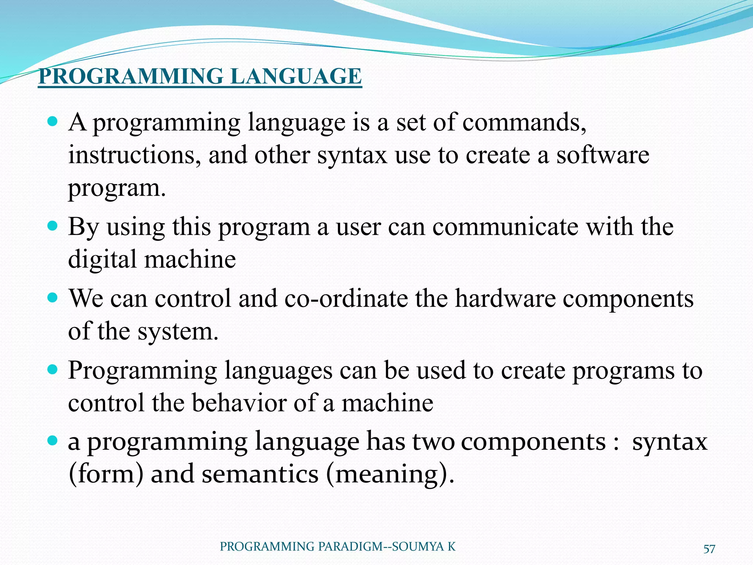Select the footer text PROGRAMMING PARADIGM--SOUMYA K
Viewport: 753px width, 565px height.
[x=338, y=547]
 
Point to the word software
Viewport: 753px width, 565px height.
[x=603, y=155]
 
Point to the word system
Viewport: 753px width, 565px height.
[x=178, y=331]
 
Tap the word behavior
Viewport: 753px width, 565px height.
[x=239, y=403]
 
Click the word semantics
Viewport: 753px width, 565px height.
[x=260, y=474]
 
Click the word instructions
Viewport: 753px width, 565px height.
[x=135, y=155]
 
